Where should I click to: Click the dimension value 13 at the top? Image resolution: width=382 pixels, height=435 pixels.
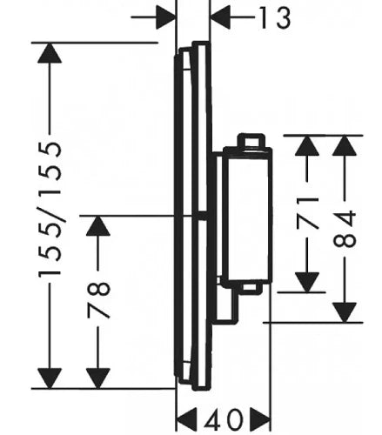coord(274,18)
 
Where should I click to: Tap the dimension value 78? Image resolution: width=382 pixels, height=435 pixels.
coord(98,300)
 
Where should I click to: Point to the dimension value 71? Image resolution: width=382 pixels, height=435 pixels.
coord(307,212)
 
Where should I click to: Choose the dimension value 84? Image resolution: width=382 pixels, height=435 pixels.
coord(345,229)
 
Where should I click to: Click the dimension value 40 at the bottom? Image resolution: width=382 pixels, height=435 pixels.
coord(224,419)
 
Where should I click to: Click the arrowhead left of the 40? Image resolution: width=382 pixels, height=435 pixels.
coord(186,419)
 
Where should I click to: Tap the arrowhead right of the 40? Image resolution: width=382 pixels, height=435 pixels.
coord(260,419)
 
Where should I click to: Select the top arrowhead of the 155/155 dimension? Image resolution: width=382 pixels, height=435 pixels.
coord(50,53)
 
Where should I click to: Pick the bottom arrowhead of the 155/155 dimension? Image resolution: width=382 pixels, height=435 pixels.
coord(50,378)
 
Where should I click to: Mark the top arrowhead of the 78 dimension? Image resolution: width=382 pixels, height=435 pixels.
coord(98,226)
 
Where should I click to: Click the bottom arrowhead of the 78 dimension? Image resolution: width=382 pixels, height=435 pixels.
coord(98,378)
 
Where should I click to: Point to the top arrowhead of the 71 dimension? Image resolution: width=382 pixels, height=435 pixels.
coord(307,145)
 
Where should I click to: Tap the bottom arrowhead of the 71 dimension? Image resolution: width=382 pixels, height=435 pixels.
coord(307,283)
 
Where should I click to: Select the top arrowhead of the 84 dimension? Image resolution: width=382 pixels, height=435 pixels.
coord(345,145)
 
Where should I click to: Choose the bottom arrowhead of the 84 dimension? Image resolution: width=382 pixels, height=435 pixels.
coord(345,312)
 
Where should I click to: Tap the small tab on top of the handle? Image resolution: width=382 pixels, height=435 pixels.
coord(251,141)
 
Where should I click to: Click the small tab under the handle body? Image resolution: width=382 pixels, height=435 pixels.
coord(250,287)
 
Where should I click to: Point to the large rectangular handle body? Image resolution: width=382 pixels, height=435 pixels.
coord(247,214)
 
